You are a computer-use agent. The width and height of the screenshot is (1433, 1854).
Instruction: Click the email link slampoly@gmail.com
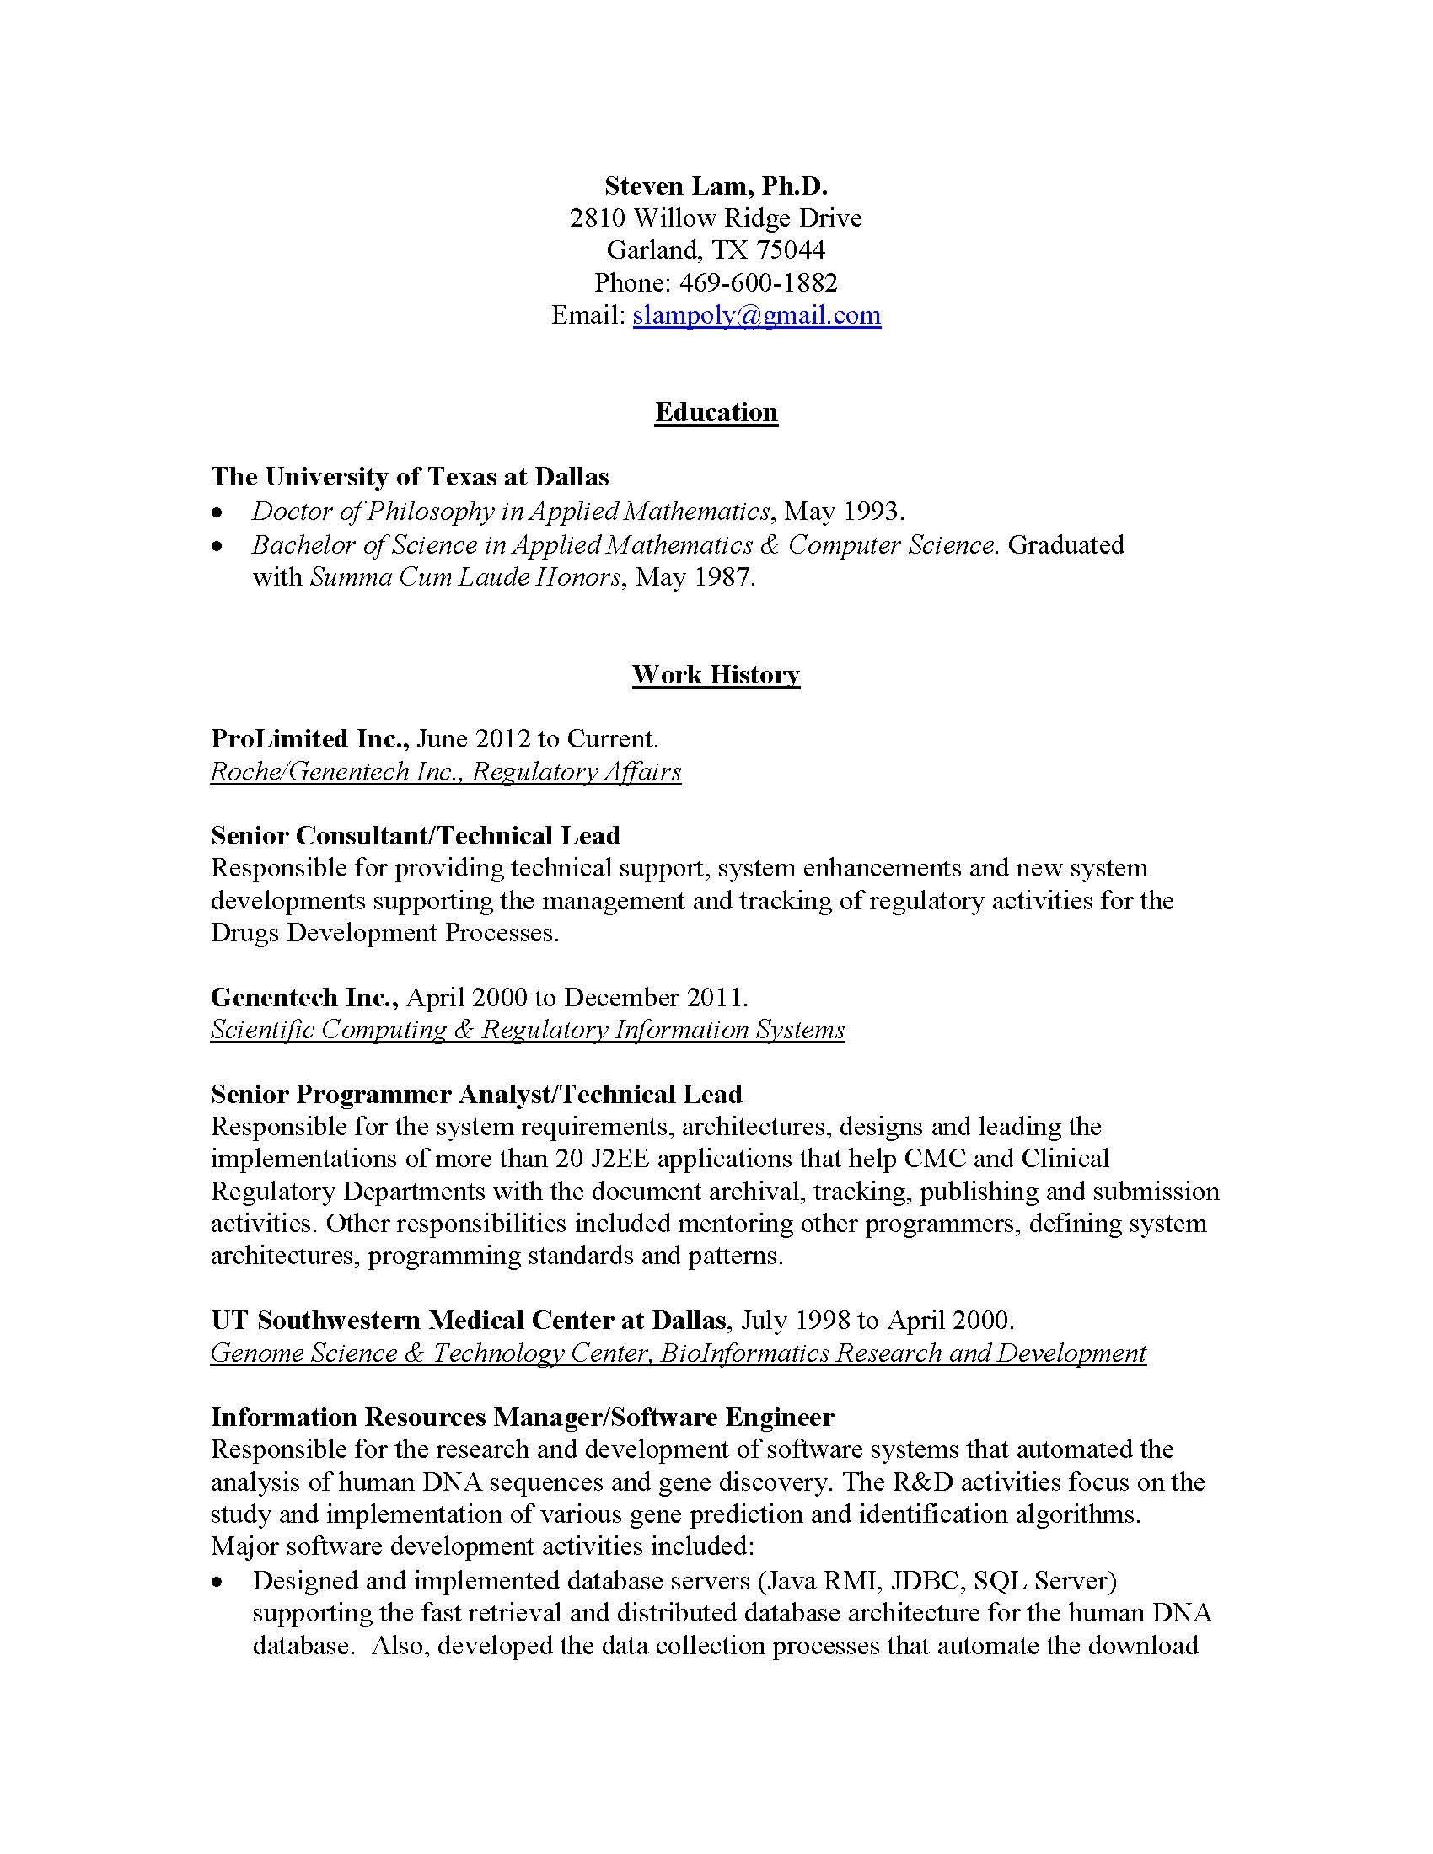756,315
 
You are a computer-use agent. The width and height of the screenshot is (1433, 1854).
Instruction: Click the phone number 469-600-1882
758,281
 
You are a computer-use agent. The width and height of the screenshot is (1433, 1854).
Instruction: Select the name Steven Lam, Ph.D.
716,185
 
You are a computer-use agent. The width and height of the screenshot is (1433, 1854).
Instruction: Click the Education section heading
716,412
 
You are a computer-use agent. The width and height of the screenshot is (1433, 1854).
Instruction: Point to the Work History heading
716,675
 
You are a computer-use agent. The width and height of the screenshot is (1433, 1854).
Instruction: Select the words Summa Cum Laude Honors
465,577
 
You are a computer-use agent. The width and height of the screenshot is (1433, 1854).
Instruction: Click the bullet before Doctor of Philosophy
219,512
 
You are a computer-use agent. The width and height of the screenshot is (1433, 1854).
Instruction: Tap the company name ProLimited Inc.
310,738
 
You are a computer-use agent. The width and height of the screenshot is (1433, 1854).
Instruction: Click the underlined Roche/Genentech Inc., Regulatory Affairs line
445,772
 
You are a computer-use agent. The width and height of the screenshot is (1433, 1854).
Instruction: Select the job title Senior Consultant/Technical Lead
415,836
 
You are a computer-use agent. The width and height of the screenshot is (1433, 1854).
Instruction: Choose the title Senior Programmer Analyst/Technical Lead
476,1094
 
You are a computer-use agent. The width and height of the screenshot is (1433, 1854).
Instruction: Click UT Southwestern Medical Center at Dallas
469,1320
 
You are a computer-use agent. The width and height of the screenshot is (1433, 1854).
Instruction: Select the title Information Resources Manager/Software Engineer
522,1417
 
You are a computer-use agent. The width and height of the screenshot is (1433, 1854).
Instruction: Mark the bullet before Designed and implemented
219,1583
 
